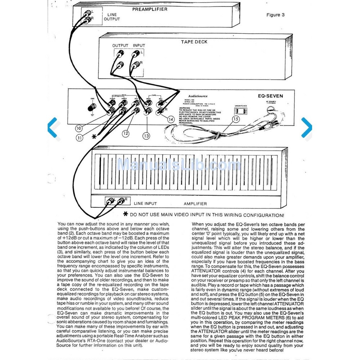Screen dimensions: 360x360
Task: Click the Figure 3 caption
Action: click(x=275, y=15)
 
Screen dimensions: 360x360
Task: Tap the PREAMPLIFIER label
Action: click(x=150, y=9)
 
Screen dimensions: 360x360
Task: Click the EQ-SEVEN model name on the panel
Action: click(x=270, y=96)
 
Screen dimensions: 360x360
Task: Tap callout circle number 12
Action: click(x=125, y=133)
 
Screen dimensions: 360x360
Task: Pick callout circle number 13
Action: click(x=146, y=136)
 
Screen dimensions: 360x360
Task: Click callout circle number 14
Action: click(x=171, y=119)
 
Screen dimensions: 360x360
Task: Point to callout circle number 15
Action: click(x=236, y=119)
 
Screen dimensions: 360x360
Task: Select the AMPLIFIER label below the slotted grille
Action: click(x=195, y=204)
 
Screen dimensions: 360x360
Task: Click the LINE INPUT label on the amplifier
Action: click(x=145, y=204)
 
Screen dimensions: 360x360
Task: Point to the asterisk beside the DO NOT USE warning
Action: click(x=126, y=214)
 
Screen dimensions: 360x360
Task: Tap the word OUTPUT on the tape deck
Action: click(x=120, y=46)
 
